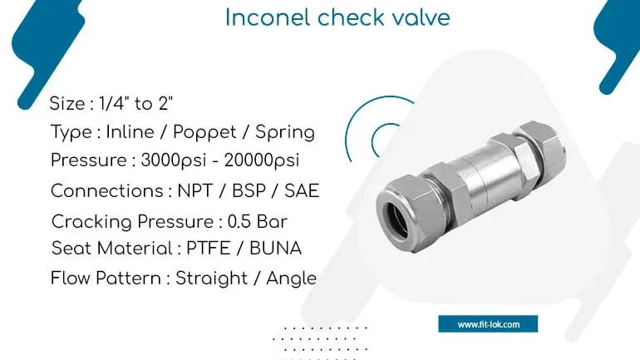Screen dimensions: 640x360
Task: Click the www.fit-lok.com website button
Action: tap(488, 324)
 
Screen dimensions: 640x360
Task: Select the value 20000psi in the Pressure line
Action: tap(262, 160)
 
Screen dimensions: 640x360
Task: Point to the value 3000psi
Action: tap(174, 160)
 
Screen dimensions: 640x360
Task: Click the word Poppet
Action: tap(204, 132)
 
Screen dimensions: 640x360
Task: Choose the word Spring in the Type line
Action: tap(285, 132)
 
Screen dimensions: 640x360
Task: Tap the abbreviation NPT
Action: tap(195, 191)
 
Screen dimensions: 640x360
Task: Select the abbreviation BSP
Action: tap(249, 191)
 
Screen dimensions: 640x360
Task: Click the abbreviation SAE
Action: tap(302, 191)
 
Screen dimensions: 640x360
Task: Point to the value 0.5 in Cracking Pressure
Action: tap(239, 222)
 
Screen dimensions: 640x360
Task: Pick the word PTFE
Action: tap(208, 248)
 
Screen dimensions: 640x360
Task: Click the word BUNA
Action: tap(275, 248)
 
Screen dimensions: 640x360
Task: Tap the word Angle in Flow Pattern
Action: tap(291, 279)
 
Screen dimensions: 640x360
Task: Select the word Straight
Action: tap(211, 279)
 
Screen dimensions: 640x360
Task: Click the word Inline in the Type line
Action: tap(130, 132)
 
